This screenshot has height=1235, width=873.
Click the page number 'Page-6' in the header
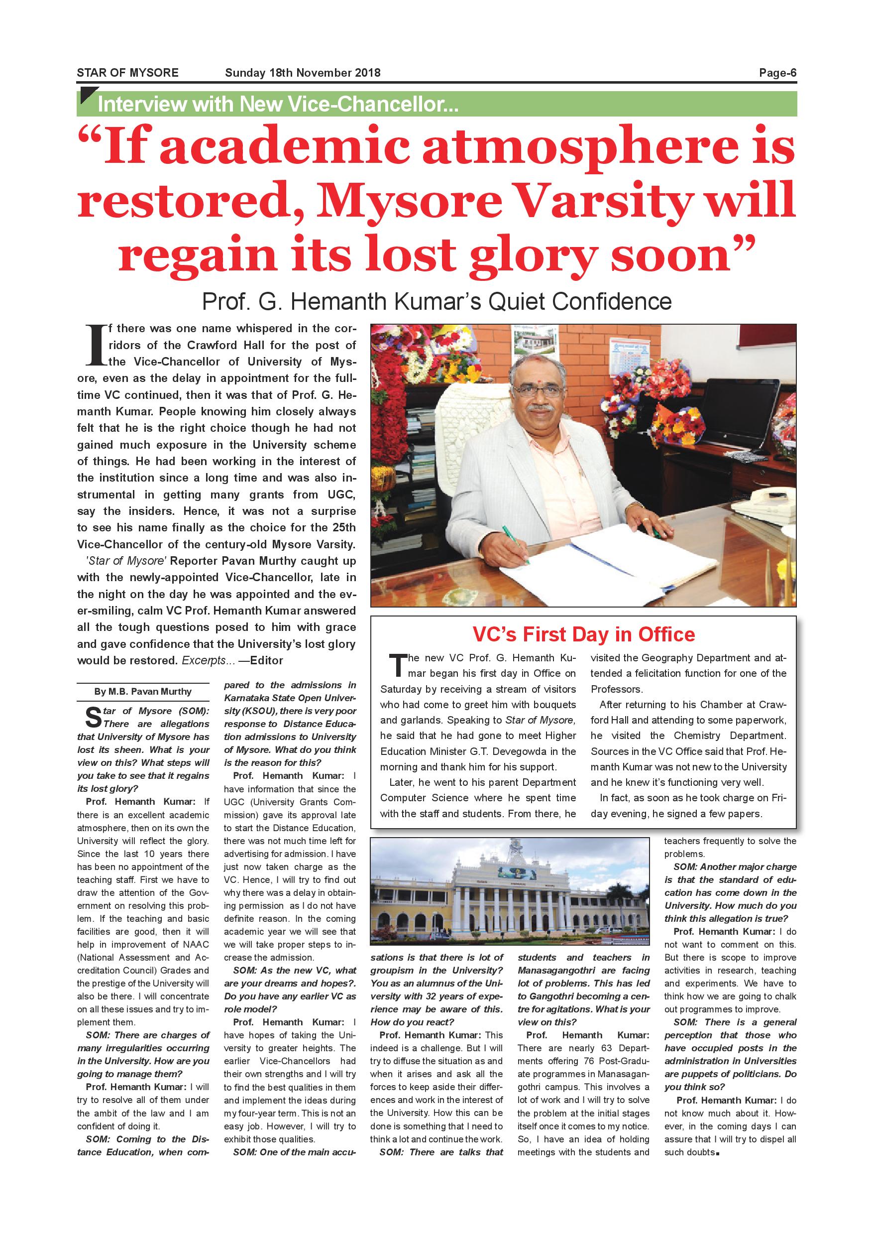coord(777,73)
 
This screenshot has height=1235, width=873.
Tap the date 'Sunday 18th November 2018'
coord(303,73)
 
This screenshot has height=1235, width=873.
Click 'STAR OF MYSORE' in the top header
coord(127,73)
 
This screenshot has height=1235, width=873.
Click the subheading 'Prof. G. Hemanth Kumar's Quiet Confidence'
coord(436,301)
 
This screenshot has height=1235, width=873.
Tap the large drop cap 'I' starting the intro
coord(94,345)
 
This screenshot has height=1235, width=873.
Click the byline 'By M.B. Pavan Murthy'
coord(143,692)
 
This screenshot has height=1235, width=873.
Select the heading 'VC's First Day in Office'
coord(583,635)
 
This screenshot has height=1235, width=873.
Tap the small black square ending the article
coord(718,1153)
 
